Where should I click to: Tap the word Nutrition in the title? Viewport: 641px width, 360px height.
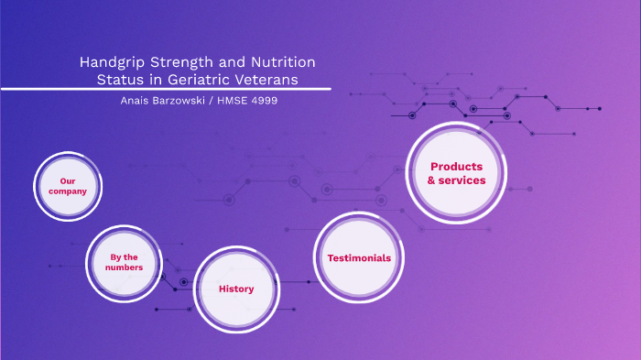279,62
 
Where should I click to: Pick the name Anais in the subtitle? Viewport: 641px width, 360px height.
139,100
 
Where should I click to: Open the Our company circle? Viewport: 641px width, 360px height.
68,186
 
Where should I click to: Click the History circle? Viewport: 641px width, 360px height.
236,289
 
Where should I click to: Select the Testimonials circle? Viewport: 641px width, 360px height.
359,257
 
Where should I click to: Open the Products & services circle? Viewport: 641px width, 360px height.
456,172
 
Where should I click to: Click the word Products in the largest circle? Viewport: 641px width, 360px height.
456,166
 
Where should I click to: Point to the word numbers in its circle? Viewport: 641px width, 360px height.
124,267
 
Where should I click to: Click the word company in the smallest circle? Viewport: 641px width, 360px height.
68,191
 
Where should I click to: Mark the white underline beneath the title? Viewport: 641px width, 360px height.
165,89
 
